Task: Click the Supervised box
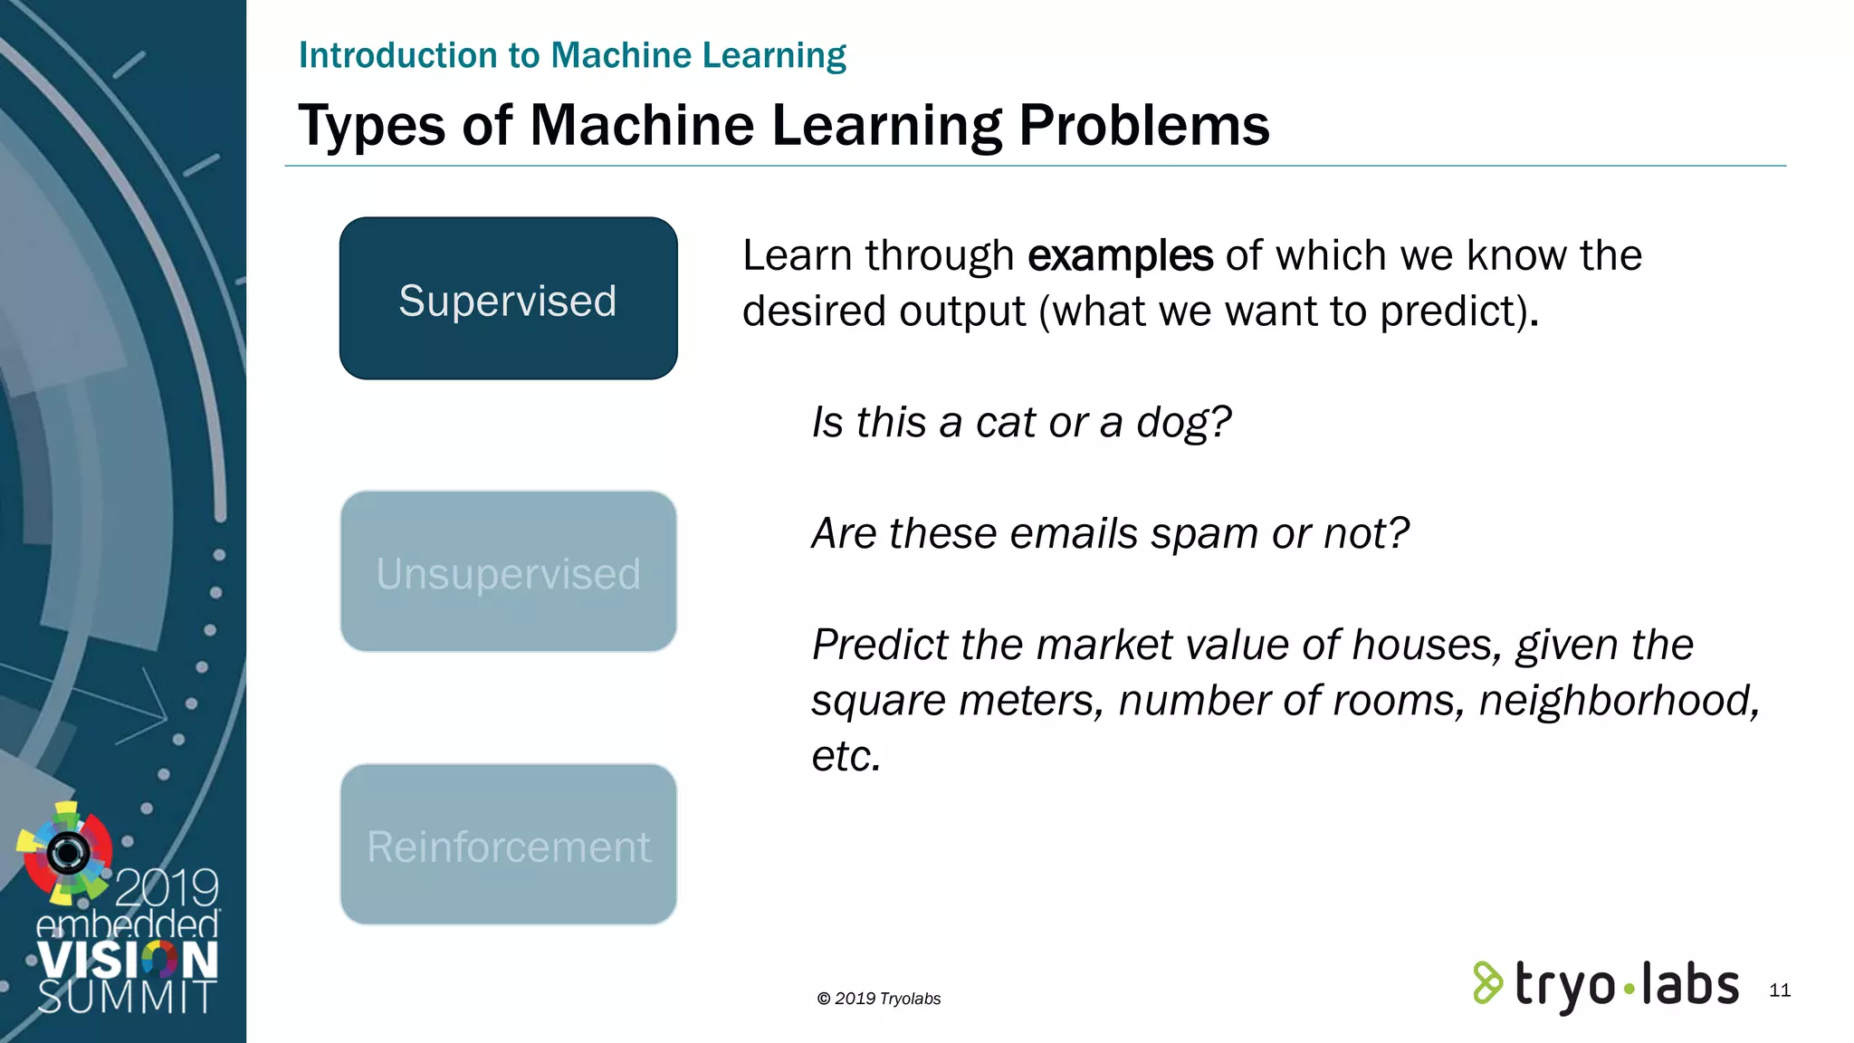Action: (x=508, y=298)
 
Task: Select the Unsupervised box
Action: (x=508, y=571)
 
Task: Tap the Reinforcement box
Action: (x=508, y=845)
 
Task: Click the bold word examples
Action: (x=1120, y=256)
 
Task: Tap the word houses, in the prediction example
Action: (x=1429, y=646)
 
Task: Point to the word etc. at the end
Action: (x=846, y=757)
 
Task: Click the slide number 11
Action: (x=1780, y=990)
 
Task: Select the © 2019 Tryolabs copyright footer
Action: (x=879, y=999)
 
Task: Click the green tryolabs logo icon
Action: (x=1487, y=983)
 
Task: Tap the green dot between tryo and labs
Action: (x=1629, y=989)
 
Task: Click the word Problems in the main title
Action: (x=1144, y=125)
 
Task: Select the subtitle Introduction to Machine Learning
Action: (x=572, y=55)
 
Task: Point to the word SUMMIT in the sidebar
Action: (x=127, y=997)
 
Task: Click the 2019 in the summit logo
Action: (x=167, y=887)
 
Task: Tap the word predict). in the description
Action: (x=1459, y=311)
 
